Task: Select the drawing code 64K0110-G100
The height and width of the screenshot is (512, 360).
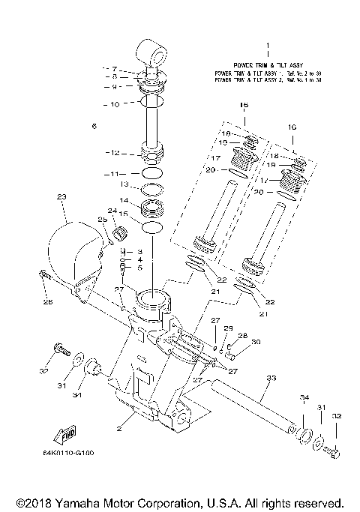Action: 69,454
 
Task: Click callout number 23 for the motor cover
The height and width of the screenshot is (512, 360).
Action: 61,197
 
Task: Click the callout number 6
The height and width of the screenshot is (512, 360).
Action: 94,127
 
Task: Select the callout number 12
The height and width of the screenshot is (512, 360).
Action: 112,153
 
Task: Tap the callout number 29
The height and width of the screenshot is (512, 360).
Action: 229,328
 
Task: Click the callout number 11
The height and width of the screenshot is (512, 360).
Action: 112,173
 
